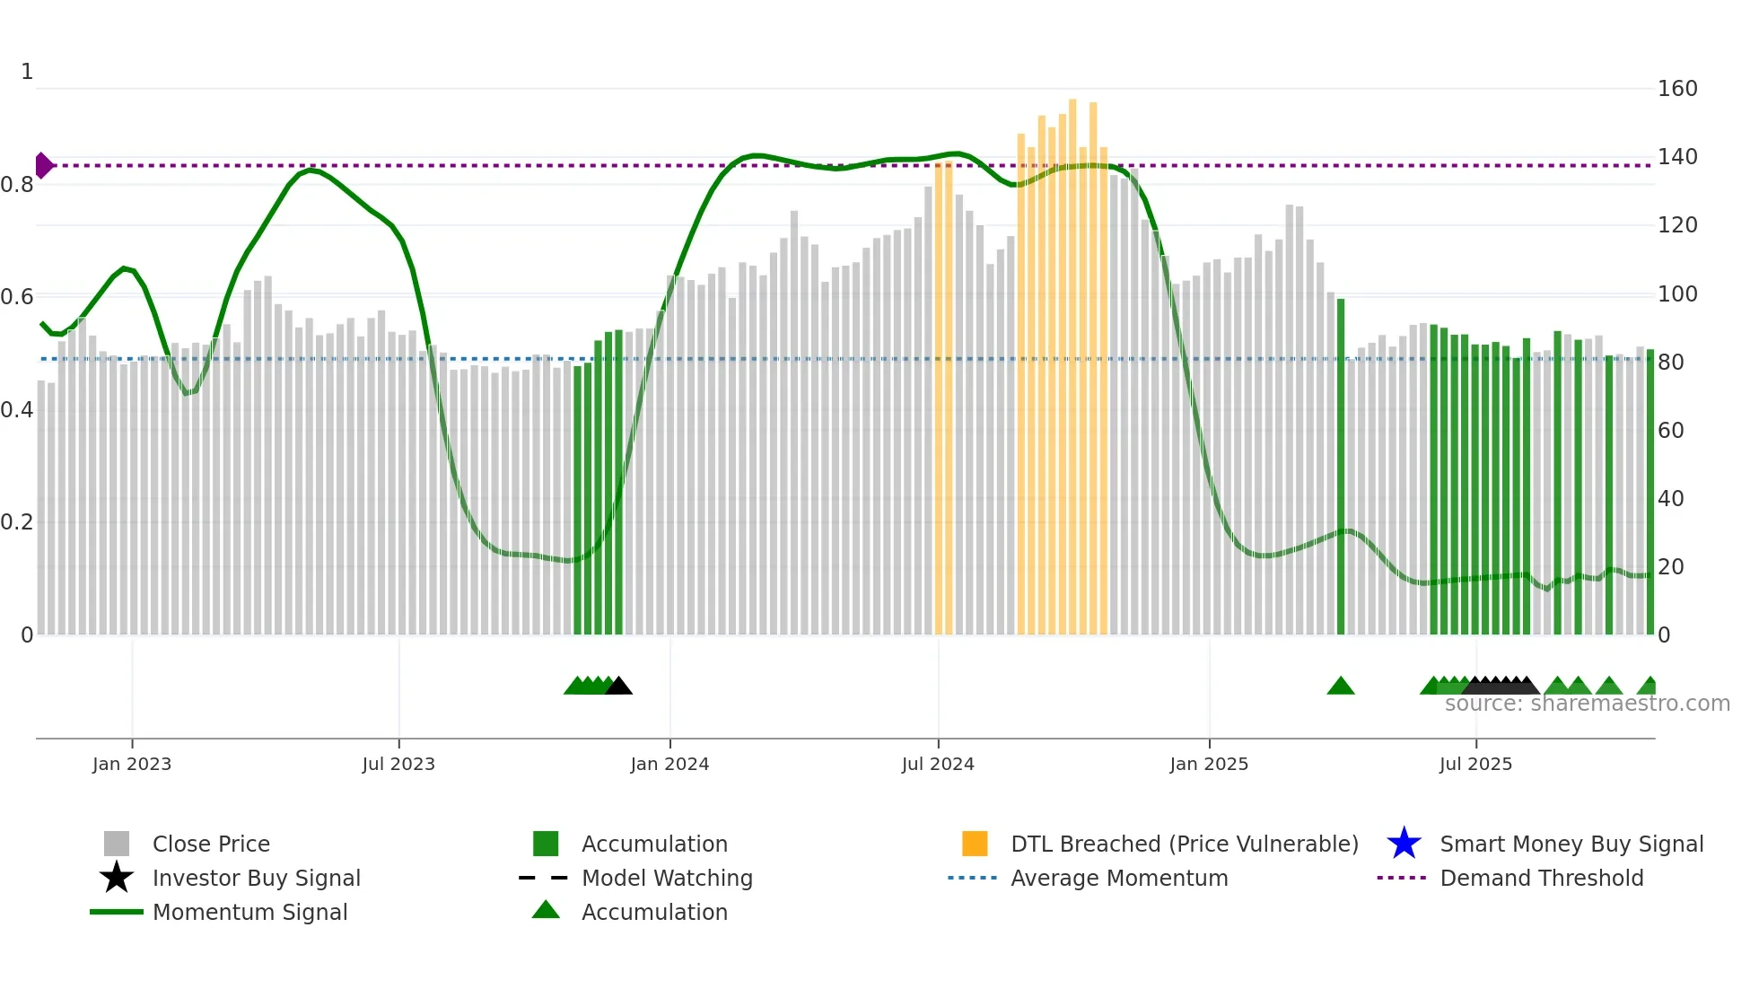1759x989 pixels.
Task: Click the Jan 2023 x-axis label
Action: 131,764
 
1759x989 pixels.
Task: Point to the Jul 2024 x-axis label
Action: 938,764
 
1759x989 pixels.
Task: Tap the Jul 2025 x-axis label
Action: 1475,764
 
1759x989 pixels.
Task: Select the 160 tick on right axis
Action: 1676,89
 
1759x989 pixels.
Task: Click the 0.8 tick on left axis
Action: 17,185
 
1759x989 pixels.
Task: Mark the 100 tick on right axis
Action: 1676,294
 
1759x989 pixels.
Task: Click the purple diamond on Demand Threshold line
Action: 43,165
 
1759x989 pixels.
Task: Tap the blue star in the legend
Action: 1404,844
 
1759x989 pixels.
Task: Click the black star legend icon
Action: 117,878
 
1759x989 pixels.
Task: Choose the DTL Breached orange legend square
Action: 975,844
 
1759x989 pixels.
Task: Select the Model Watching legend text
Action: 667,878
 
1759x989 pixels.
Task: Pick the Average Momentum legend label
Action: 1119,878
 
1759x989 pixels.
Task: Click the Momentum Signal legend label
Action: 249,912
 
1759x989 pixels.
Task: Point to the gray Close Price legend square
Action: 117,844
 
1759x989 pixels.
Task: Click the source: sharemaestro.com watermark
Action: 1587,704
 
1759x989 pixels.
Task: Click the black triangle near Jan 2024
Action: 618,687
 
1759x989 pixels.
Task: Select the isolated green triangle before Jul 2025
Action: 1341,687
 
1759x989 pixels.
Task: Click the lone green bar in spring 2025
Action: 1341,467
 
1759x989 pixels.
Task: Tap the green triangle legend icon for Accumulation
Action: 546,910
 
